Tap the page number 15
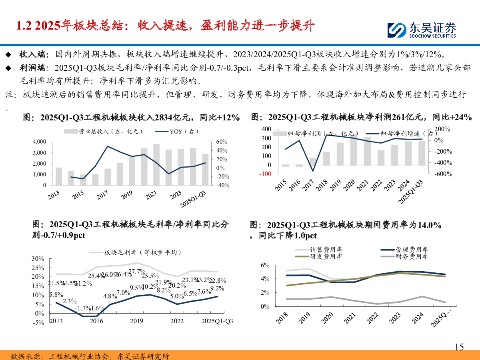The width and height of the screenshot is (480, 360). point(459,347)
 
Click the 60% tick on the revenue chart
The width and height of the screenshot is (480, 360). point(222,142)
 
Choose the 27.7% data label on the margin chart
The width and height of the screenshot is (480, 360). point(136,272)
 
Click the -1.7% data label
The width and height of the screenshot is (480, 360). point(84,308)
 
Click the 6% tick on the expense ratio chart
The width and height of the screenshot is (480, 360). point(266,265)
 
